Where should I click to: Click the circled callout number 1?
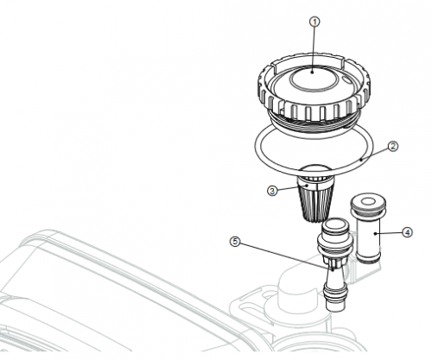[314, 22]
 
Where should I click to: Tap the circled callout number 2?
[393, 147]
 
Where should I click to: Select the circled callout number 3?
[272, 191]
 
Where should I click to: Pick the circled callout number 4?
[407, 232]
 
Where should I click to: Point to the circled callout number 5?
[236, 242]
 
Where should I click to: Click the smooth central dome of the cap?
[313, 79]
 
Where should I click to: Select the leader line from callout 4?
[388, 233]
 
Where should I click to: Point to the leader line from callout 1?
[314, 50]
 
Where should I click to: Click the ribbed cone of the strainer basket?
[314, 203]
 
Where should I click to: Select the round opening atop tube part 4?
[368, 202]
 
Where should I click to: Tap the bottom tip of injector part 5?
[335, 308]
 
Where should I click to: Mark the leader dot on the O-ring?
[361, 158]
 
